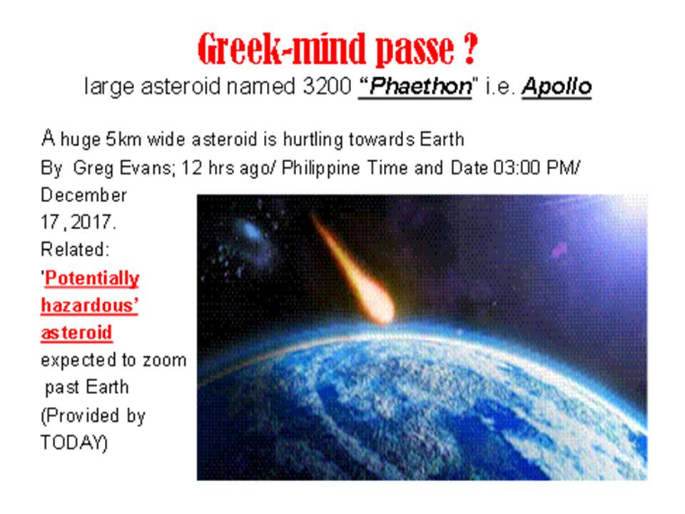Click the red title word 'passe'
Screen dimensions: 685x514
pos(415,49)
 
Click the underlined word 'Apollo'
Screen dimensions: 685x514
pos(557,86)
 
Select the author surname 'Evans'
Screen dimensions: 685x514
pos(146,168)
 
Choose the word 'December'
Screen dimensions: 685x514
pos(83,196)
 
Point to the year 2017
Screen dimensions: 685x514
pos(93,223)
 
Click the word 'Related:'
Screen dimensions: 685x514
pos(75,250)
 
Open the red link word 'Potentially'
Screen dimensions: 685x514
pos(92,278)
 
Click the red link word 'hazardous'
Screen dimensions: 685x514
pos(89,306)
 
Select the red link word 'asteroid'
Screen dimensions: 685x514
pos(76,333)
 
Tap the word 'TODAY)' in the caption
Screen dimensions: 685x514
pos(73,443)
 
